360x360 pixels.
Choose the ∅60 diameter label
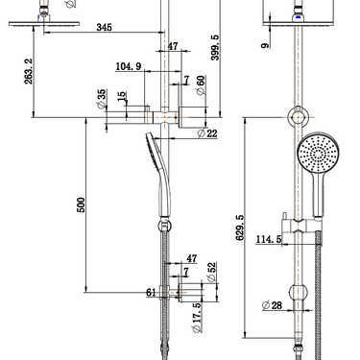click(x=201, y=84)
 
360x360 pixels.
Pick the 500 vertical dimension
click(x=82, y=204)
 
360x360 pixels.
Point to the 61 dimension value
click(x=151, y=292)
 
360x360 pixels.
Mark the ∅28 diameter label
click(x=272, y=305)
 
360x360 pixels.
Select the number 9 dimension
click(x=265, y=44)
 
